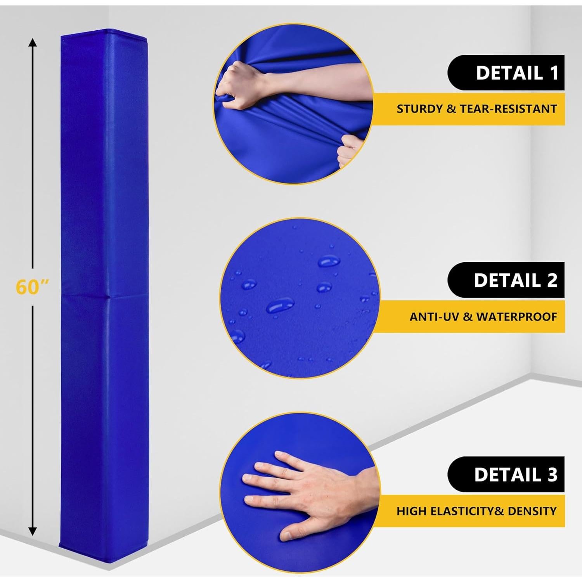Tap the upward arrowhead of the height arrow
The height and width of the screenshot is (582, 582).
coord(33,43)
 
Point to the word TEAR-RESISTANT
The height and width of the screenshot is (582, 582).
coord(508,109)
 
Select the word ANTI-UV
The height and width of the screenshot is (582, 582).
coord(435,317)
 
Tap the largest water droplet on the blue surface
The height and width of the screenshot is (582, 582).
coord(280,306)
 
